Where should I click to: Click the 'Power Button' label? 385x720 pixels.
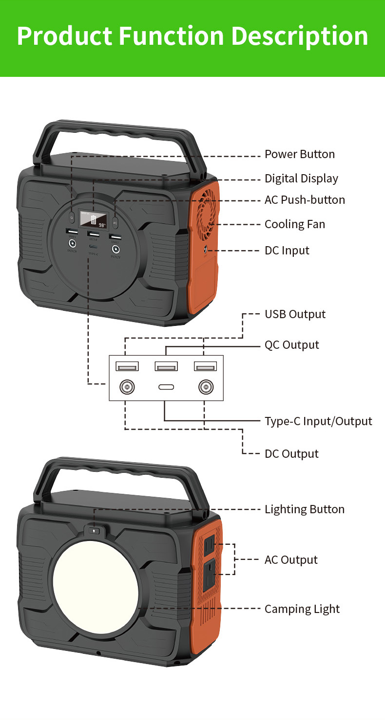point(299,154)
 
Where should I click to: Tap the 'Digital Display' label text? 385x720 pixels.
point(301,179)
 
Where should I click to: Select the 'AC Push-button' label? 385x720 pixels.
point(304,200)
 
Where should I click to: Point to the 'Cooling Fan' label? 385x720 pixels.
point(294,224)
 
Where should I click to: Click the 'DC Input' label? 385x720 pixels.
point(287,251)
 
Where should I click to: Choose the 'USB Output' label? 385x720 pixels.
point(295,314)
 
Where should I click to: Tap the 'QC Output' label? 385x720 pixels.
point(291,345)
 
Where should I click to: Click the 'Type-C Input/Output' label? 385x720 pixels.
point(318,421)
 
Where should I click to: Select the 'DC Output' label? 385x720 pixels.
point(291,454)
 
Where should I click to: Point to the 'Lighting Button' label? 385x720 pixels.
point(304,509)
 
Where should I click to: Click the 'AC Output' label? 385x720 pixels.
point(290,560)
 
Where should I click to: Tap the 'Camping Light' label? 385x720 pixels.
point(302,609)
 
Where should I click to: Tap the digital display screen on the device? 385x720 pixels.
point(94,220)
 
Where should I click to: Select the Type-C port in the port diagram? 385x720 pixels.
point(166,388)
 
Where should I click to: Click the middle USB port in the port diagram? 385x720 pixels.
point(166,366)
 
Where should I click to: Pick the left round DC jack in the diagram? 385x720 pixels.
point(127,388)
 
